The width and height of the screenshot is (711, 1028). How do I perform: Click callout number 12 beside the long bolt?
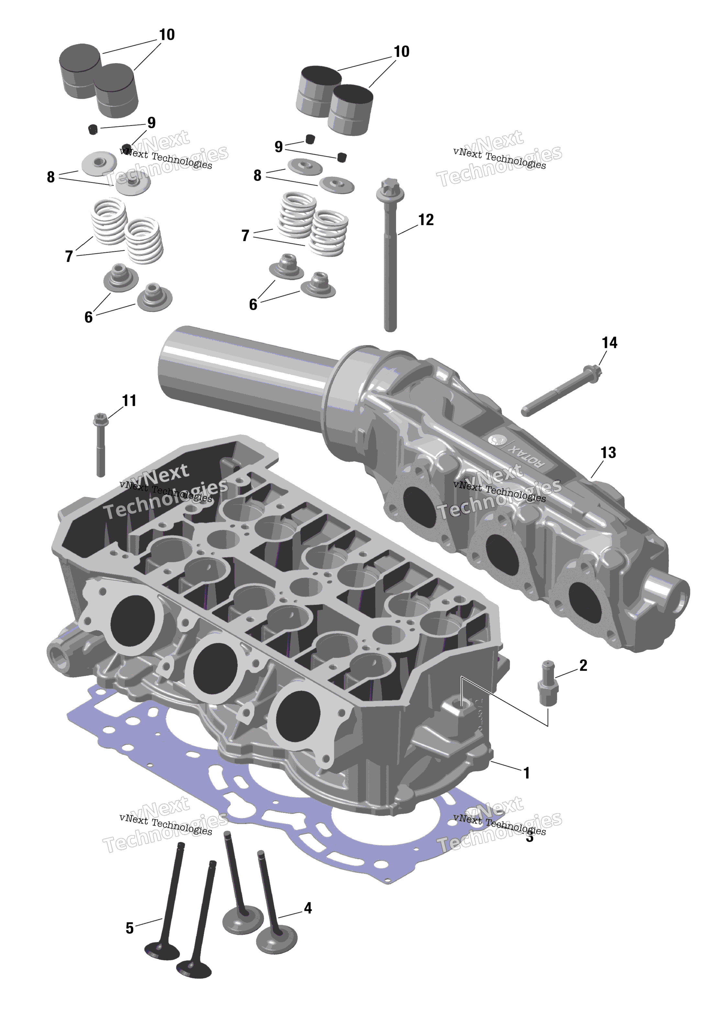[x=426, y=220]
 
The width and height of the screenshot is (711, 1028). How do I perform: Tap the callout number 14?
[x=609, y=343]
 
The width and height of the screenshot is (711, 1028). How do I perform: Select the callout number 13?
[x=608, y=453]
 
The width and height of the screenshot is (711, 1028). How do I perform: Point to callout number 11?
[x=129, y=401]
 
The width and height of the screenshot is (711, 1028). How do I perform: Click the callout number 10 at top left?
[x=167, y=35]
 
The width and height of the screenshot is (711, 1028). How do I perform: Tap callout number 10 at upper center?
[x=401, y=52]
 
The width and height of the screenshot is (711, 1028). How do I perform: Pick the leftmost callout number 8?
[x=51, y=177]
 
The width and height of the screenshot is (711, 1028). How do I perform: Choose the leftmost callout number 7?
[x=69, y=257]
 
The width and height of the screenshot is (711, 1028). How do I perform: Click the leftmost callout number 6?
[x=88, y=317]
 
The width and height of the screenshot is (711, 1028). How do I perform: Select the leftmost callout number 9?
[x=151, y=123]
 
